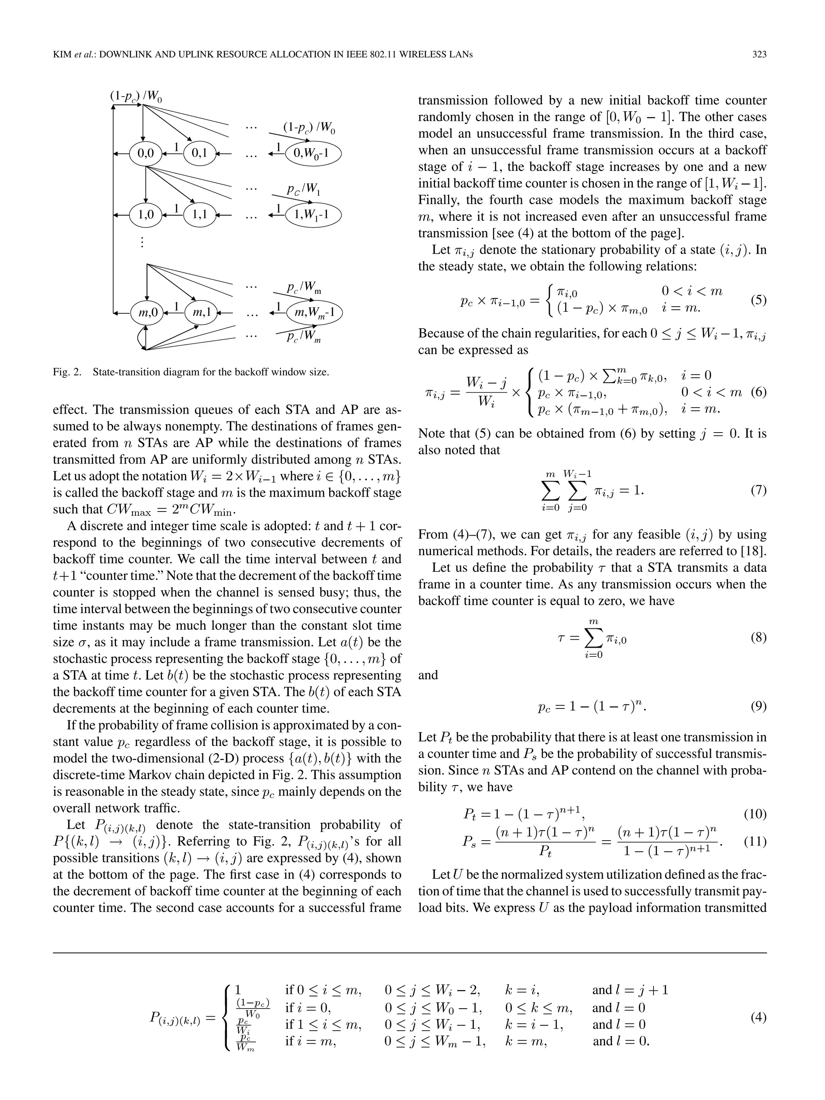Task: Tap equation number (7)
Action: (758, 491)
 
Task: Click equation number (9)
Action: (758, 706)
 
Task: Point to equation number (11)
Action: (755, 842)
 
